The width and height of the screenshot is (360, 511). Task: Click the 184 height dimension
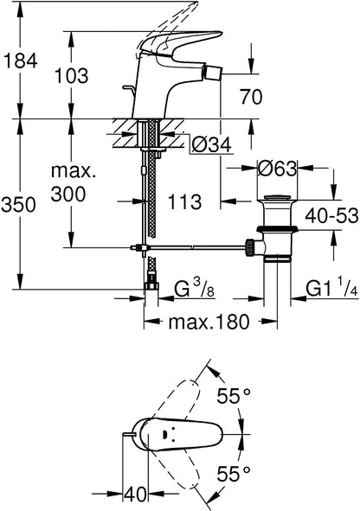[20, 61]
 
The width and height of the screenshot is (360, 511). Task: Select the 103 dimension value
[71, 75]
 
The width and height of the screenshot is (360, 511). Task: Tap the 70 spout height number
[251, 97]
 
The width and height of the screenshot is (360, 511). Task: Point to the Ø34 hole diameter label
[211, 144]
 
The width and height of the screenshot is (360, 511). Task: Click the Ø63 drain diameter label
[277, 169]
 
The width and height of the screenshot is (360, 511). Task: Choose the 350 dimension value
[18, 205]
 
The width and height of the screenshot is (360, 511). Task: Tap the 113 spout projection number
[184, 201]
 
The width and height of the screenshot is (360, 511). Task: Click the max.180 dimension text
[209, 323]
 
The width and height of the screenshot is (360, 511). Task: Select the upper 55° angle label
[235, 396]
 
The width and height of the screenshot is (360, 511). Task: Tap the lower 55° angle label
[235, 474]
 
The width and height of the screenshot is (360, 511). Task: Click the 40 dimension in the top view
[135, 495]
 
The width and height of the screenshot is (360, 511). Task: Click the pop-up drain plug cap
[277, 197]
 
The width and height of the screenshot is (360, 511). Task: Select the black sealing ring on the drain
[277, 229]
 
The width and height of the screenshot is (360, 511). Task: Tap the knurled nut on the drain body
[250, 247]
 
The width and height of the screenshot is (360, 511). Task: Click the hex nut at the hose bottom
[151, 286]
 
